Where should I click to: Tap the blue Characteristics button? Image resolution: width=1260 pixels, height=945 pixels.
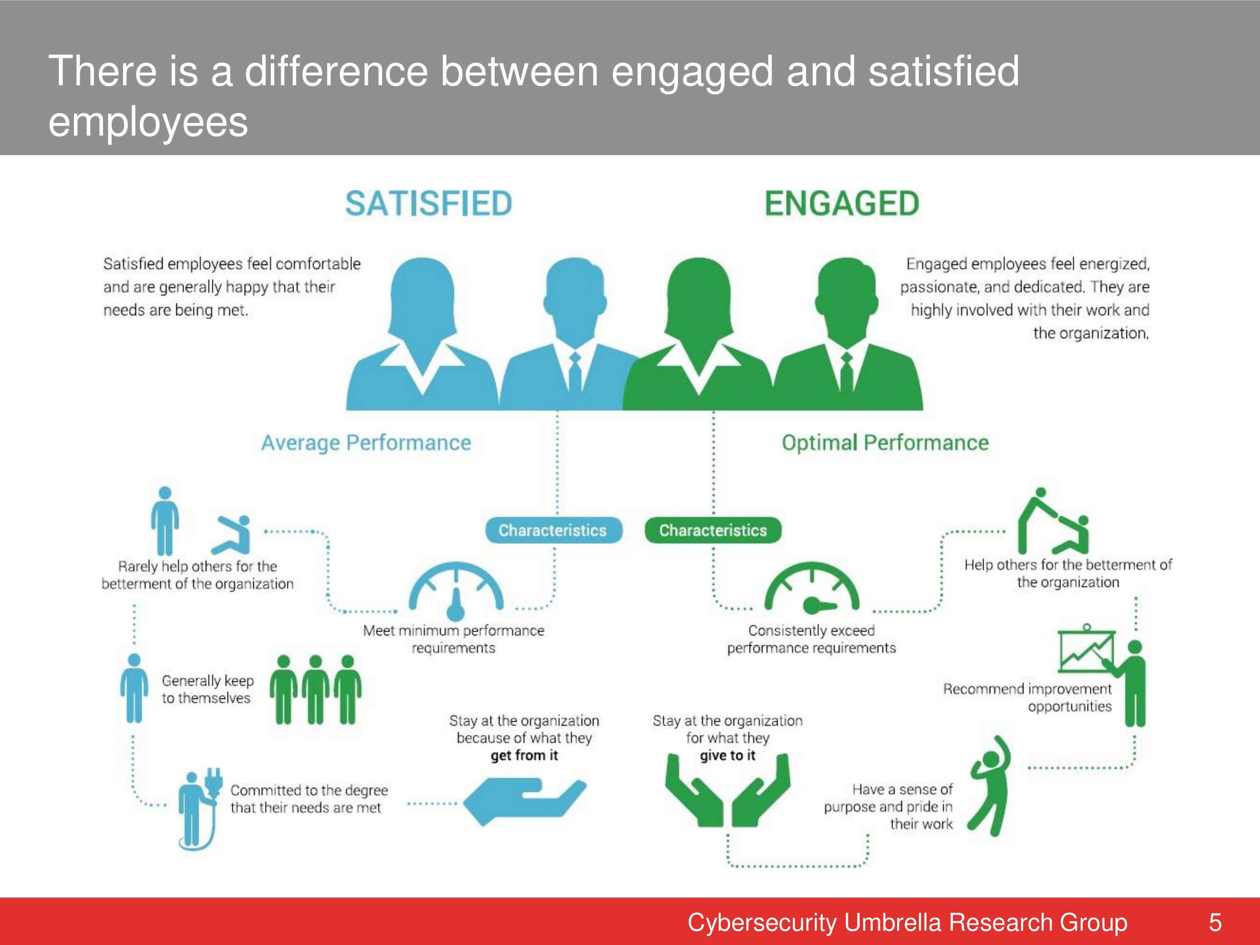click(553, 530)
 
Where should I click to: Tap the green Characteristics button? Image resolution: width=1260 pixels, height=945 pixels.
click(713, 530)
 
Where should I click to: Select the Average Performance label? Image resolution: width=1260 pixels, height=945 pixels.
click(366, 443)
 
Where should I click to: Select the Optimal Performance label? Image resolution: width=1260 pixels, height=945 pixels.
click(885, 443)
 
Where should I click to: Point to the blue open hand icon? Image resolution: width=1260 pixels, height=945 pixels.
click(525, 801)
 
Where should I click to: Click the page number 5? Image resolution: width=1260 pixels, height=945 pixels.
click(1215, 922)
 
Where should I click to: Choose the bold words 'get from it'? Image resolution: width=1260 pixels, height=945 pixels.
click(524, 755)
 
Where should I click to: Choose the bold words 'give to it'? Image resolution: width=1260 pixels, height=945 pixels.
click(727, 755)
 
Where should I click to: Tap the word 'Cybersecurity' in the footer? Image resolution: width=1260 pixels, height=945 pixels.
click(762, 923)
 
